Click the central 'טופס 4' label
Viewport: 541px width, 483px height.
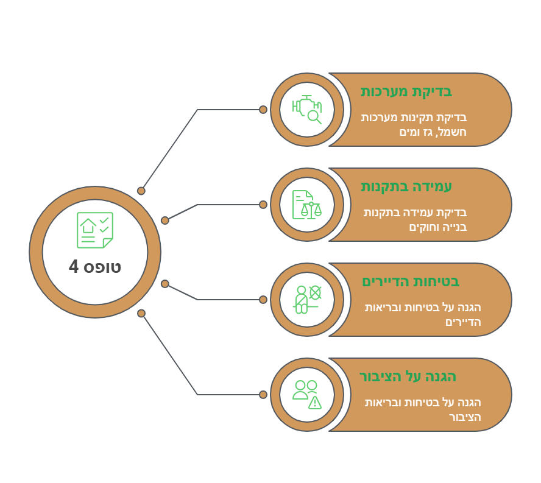click(x=95, y=267)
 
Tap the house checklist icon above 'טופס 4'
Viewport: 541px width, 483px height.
click(x=95, y=230)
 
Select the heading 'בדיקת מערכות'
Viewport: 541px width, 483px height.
click(x=406, y=92)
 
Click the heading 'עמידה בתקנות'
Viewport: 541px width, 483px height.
click(x=406, y=186)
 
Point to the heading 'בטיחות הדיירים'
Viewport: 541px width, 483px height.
click(x=411, y=281)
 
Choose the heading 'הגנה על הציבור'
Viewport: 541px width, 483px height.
click(x=408, y=376)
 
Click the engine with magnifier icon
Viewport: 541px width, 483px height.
click(x=306, y=110)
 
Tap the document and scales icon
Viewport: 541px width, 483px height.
click(x=306, y=205)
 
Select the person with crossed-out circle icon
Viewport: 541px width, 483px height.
click(x=306, y=300)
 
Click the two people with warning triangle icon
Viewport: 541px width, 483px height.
click(x=306, y=395)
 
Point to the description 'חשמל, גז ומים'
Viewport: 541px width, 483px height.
click(x=433, y=132)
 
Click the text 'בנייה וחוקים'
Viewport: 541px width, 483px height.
click(x=438, y=227)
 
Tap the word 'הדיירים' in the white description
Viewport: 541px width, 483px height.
click(x=462, y=322)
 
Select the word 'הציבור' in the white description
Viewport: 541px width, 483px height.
click(x=465, y=417)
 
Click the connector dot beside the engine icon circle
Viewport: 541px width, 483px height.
click(x=263, y=110)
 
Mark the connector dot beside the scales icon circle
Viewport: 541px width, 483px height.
click(x=263, y=205)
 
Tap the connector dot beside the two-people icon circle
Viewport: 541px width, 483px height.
click(x=263, y=395)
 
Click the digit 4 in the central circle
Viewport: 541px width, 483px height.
click(x=74, y=267)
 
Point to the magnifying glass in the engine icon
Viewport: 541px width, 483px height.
click(x=314, y=117)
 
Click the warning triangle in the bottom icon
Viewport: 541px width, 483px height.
click(x=314, y=403)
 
